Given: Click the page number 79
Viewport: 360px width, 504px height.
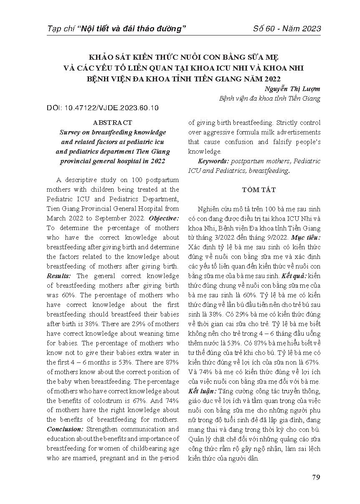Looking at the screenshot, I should tap(316, 478).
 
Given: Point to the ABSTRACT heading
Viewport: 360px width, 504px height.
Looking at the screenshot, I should tap(113, 123).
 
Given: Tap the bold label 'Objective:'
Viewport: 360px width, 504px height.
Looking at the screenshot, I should tap(164, 218).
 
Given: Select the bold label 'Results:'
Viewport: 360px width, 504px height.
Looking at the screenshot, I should tap(59, 276).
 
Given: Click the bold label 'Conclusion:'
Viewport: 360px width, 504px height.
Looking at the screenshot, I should tap(65, 429).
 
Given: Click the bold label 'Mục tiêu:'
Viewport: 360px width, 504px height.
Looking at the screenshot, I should tap(305, 237).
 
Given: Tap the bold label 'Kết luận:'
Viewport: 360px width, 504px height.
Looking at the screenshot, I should tap(203, 391).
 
